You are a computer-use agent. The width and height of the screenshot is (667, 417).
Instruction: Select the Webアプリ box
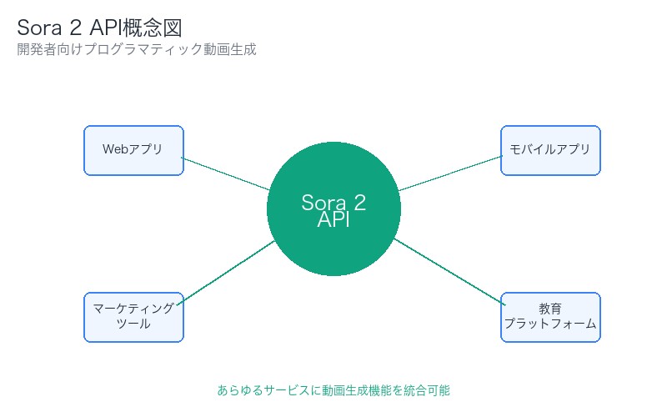133,150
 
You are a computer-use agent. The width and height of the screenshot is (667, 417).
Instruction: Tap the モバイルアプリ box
550,150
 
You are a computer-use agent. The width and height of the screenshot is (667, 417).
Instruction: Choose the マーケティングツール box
133,317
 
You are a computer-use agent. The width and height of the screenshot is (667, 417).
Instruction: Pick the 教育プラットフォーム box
550,317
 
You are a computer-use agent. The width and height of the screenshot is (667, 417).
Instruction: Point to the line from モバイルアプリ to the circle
449,173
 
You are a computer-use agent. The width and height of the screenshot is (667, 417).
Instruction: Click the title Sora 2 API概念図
99,28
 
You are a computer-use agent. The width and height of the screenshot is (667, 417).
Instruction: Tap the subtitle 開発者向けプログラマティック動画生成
136,50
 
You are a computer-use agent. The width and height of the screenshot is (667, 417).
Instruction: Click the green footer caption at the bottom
333,389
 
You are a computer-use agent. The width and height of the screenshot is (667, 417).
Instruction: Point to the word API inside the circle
333,221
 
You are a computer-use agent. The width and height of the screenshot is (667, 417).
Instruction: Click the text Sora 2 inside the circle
333,203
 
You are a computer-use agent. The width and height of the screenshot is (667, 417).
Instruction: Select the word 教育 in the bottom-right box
550,309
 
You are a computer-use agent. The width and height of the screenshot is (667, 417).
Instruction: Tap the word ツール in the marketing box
133,324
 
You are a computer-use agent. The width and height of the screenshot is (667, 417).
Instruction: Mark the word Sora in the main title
42,28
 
